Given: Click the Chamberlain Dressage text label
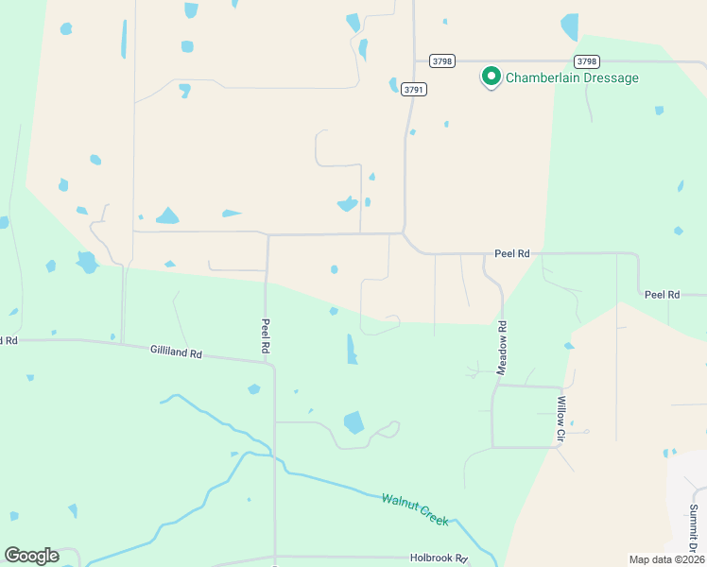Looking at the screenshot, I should click(572, 77).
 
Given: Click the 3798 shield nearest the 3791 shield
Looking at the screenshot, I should click(441, 60).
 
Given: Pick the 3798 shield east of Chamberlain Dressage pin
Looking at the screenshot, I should click(586, 60).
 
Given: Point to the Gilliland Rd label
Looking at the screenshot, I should click(176, 352).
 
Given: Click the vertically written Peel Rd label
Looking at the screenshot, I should click(266, 336).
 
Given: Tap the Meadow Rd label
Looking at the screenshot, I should click(503, 348).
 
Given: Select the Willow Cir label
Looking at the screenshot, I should click(560, 419).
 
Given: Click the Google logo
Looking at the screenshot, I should click(31, 556).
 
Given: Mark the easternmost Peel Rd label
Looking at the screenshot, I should click(662, 295).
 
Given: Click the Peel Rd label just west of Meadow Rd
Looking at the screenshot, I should click(512, 254).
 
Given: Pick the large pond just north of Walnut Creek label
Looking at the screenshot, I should click(354, 421).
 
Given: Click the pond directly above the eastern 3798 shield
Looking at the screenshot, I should click(570, 26).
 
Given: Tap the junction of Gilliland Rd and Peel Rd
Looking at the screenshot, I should click(272, 363).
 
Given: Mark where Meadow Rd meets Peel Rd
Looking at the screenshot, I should click(484, 255).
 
